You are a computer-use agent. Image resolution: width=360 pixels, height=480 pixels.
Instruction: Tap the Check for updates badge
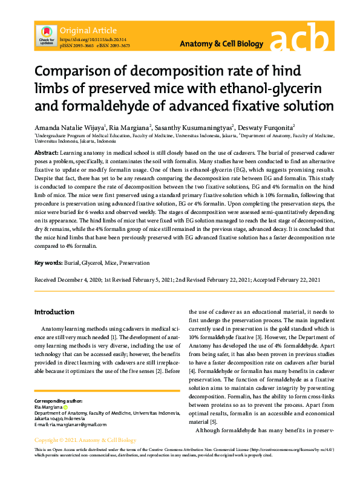click(47, 35)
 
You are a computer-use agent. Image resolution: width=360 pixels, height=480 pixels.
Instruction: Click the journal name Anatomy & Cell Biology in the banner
click(222, 44)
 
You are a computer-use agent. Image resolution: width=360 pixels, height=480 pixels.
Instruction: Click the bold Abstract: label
click(47, 154)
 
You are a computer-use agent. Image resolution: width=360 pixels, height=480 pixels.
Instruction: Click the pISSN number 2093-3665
click(80, 45)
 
